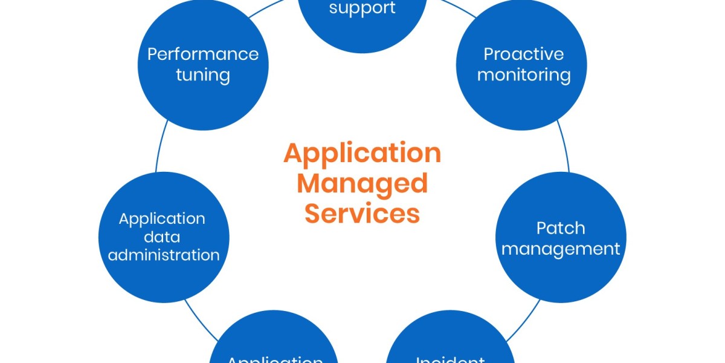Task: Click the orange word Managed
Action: point(362,183)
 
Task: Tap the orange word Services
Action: point(362,214)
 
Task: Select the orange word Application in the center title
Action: point(362,154)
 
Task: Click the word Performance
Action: point(203,54)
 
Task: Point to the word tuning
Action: point(203,75)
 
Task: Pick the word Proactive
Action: point(524,54)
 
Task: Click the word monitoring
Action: point(524,75)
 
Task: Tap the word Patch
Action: point(561,227)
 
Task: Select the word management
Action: point(561,249)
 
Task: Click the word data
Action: point(162,237)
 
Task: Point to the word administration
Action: point(164,255)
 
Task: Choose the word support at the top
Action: point(362,8)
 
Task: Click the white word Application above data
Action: point(162,218)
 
